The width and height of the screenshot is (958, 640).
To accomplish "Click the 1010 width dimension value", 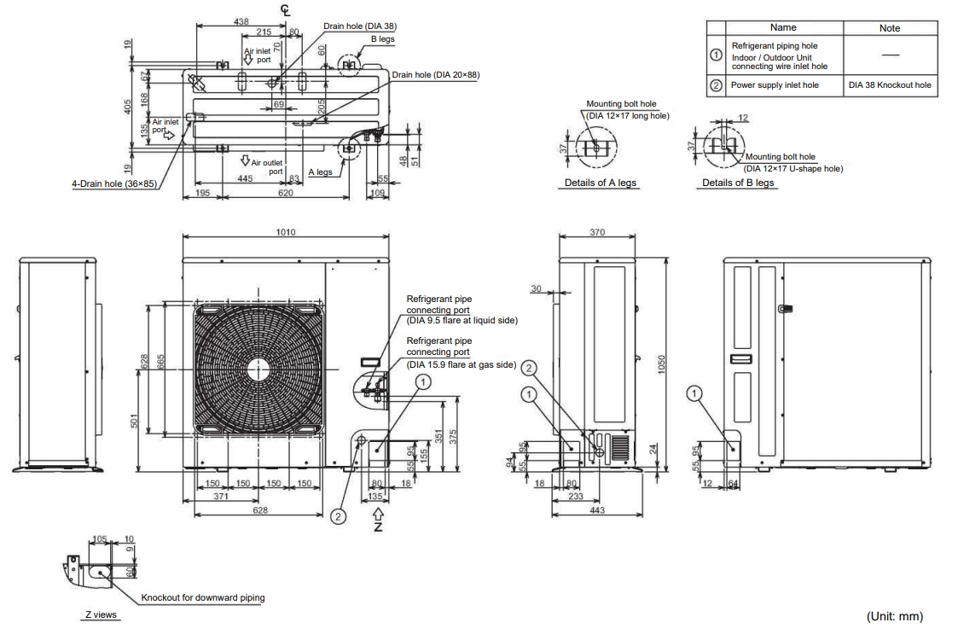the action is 285,232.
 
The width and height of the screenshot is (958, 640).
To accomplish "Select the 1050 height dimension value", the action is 661,365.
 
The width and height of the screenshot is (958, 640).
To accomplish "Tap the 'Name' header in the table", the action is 783,27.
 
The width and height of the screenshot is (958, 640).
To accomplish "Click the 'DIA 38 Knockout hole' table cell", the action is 890,85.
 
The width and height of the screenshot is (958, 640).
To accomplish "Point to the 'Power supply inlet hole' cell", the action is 775,85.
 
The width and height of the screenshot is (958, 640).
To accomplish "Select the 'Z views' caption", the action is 101,614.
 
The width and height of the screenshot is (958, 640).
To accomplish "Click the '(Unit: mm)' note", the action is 895,616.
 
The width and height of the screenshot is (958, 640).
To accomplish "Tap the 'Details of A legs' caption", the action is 600,183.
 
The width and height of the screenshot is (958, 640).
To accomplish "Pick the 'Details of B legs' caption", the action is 737,183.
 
